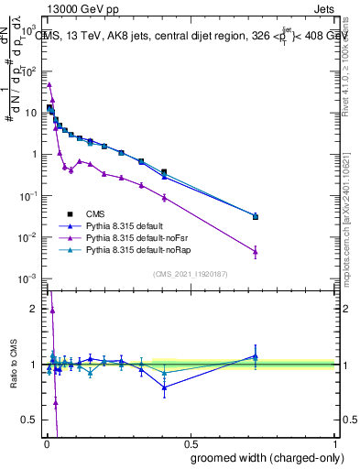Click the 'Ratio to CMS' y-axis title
coord(14,365)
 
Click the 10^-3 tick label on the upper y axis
coord(27,278)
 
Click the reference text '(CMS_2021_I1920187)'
coord(191,273)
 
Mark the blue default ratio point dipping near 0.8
coord(164,387)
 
